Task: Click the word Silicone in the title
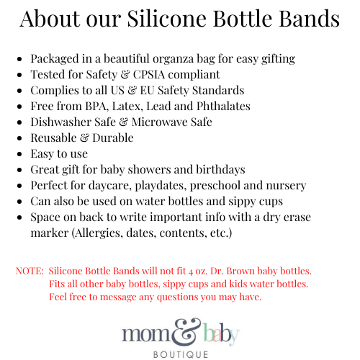[x=167, y=19]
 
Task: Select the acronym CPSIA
[x=149, y=74]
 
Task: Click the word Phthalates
[x=223, y=106]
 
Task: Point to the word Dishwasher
[x=61, y=122]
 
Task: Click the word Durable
[x=113, y=138]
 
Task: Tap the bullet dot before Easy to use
[x=19, y=154]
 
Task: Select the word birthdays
[x=220, y=169]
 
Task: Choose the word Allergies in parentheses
[x=97, y=233]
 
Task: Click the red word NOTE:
[x=30, y=271]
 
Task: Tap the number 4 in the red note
[x=191, y=271]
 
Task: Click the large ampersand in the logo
[x=187, y=332]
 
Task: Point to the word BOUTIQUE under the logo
[x=181, y=354]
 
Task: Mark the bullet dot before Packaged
[x=19, y=59]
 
